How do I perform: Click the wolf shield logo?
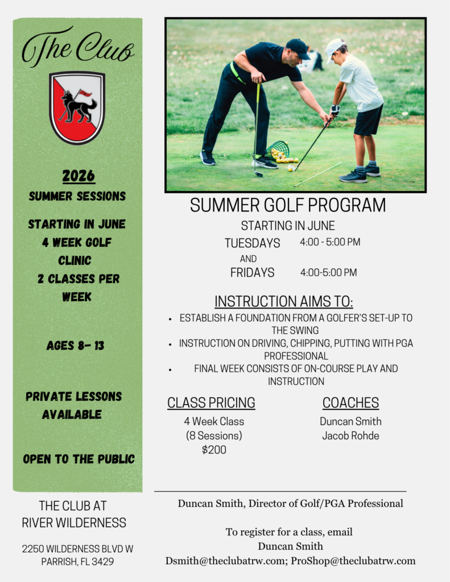[77, 107]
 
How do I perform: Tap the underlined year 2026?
[79, 176]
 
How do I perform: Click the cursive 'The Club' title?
[78, 47]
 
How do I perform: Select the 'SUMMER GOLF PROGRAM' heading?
[288, 205]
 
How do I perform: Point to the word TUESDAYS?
[253, 243]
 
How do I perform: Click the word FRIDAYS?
[253, 272]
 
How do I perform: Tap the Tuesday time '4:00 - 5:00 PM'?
[330, 242]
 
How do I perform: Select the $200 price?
[214, 450]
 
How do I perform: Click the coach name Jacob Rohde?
[350, 435]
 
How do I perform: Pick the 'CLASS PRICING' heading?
[211, 403]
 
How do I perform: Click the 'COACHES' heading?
[351, 403]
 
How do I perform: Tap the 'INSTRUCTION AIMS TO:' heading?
[284, 301]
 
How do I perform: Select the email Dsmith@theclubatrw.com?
[225, 560]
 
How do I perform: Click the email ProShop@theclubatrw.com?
[353, 560]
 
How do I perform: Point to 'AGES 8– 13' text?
[76, 346]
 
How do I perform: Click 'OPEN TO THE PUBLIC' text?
[79, 459]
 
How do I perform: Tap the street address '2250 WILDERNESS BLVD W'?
[77, 548]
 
